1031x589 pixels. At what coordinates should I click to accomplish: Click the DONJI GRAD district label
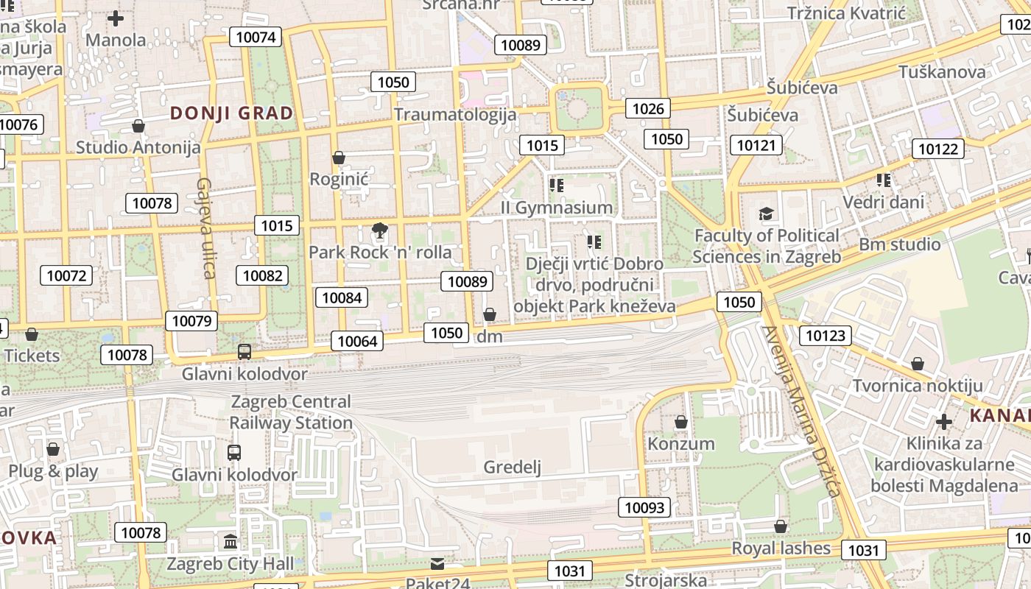pos(232,113)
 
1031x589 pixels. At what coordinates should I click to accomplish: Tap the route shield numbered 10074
pos(256,37)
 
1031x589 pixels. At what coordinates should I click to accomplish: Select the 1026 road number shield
pos(648,109)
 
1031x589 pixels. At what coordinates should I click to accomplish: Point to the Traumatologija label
pos(455,115)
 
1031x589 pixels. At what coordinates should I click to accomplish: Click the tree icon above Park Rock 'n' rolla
pos(380,231)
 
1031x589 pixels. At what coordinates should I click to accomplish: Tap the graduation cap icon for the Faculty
pos(767,214)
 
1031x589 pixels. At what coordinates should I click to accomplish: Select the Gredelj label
pos(512,467)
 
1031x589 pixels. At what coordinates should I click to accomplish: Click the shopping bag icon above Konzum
pos(681,422)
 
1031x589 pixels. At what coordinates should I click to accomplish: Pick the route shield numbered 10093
pos(644,507)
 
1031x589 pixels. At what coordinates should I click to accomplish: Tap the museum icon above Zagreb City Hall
pos(231,542)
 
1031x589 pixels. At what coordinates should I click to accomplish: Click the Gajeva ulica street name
pos(205,228)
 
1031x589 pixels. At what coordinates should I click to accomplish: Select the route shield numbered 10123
pos(826,336)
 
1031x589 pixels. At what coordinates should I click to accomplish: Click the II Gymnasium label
pos(557,208)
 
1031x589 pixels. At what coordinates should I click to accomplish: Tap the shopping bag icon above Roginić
pos(339,158)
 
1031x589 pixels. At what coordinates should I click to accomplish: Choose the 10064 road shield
pos(357,341)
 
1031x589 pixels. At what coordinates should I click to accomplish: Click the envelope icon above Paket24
pos(438,564)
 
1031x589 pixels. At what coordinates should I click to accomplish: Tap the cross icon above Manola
pos(116,18)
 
